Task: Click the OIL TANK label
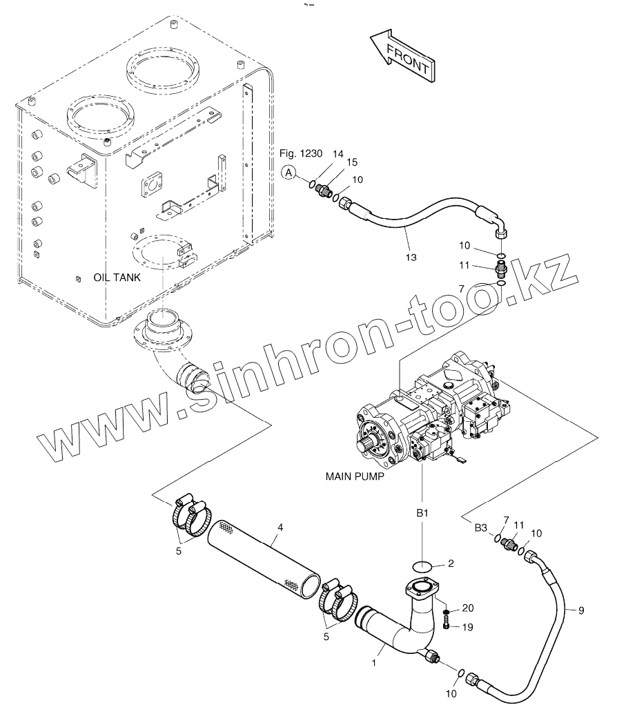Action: click(x=117, y=278)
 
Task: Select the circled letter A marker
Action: click(x=290, y=174)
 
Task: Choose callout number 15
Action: click(x=352, y=162)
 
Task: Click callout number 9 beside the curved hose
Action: click(x=580, y=610)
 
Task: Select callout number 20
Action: click(x=469, y=608)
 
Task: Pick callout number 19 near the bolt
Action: click(x=469, y=628)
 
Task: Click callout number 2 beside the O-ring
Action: click(x=450, y=563)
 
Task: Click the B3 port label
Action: click(x=480, y=528)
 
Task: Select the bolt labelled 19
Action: click(x=447, y=626)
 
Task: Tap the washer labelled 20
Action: click(x=447, y=612)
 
